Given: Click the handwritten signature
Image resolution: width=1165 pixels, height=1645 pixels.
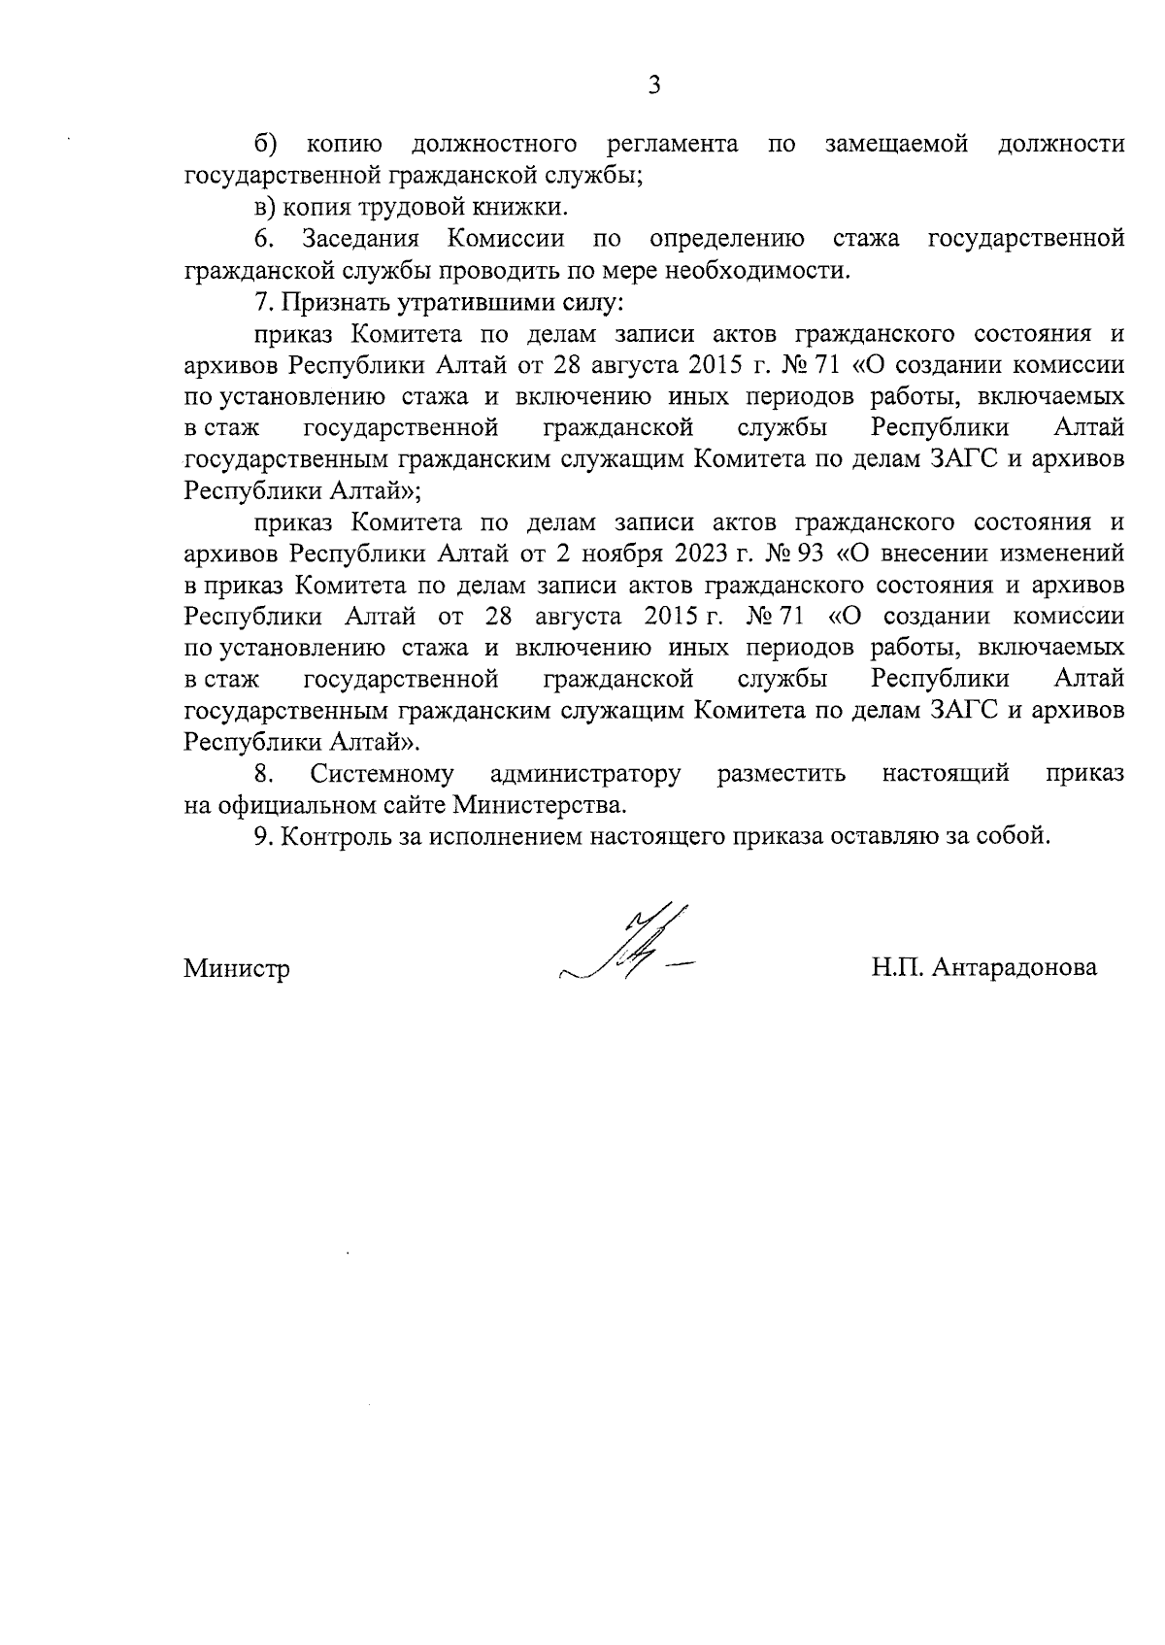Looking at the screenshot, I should pos(631,948).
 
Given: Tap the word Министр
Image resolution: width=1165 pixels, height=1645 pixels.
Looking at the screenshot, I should pos(237,968).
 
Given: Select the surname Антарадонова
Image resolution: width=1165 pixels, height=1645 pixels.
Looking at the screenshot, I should pos(1014,967).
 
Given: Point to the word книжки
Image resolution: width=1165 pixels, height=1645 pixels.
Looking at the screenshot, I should pos(529,207).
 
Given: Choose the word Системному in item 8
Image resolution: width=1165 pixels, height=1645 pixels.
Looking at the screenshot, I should pos(382,774).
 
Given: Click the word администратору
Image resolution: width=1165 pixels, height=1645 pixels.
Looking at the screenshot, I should pos(585,774).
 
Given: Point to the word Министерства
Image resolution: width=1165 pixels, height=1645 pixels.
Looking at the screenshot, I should pos(539,805).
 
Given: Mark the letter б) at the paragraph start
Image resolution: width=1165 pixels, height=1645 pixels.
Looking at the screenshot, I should pos(266,145).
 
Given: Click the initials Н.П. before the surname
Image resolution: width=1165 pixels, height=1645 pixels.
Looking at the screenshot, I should pos(896,967).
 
